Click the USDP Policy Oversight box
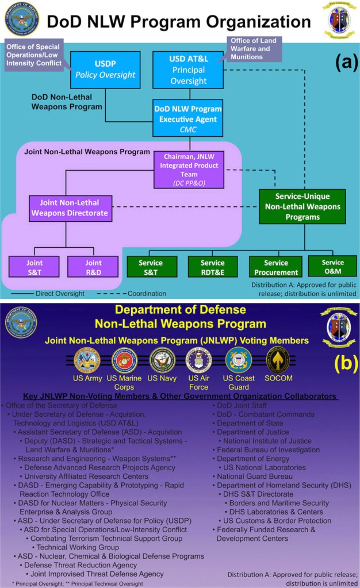tap(105, 68)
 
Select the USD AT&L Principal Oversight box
tap(188, 68)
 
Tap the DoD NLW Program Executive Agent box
tap(187, 118)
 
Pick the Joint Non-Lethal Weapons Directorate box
tap(69, 207)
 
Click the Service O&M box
tap(332, 266)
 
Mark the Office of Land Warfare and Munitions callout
tap(252, 48)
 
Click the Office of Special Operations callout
tap(33, 55)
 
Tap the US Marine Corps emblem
tap(124, 360)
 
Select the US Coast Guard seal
tap(238, 360)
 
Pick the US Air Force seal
tap(199, 360)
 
